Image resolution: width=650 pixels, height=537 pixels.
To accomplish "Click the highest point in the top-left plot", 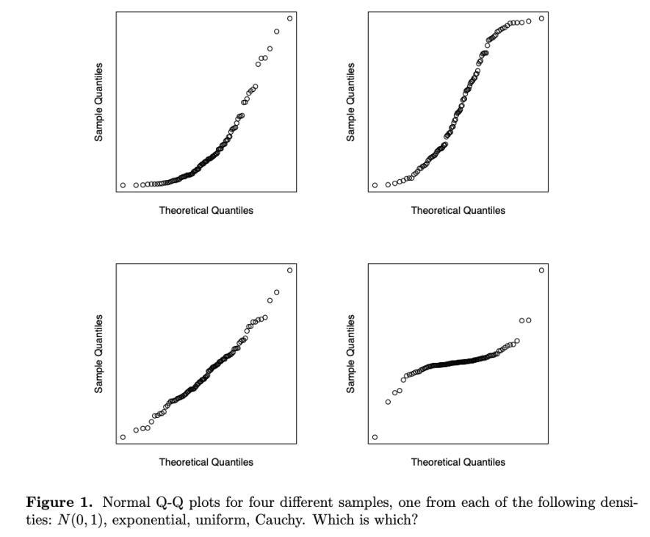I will click(289, 18).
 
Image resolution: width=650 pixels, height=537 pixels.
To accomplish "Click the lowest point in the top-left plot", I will click(123, 185).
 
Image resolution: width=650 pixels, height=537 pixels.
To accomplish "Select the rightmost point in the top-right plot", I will click(541, 18).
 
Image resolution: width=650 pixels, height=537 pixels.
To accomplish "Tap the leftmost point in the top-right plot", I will click(375, 185).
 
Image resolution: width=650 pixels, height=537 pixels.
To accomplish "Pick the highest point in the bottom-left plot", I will click(289, 270).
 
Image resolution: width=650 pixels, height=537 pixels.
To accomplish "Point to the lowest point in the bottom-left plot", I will click(123, 437).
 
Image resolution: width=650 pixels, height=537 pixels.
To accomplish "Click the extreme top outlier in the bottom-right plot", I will click(541, 270).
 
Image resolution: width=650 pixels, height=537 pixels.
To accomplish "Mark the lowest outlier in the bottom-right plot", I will click(375, 437).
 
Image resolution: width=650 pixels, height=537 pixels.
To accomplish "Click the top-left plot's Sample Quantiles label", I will click(98, 102).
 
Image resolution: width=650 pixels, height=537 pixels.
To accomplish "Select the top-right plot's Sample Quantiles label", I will click(350, 102).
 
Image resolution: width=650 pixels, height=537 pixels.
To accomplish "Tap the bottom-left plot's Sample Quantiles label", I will click(98, 354).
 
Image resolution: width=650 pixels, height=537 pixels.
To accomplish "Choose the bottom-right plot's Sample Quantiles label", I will click(350, 354).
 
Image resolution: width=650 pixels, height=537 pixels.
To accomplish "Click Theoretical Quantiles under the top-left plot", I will click(206, 211).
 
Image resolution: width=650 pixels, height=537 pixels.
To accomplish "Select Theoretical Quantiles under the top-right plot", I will click(458, 211).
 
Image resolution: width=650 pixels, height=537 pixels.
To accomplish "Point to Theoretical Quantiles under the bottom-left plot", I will click(206, 462).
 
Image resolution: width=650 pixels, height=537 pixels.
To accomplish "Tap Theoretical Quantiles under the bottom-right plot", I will click(458, 462).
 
